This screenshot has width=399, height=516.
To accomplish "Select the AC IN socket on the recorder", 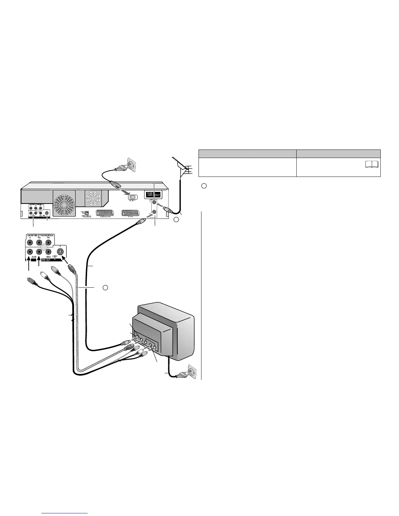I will point(133,197).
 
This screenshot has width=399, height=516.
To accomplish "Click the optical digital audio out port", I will point(86,213).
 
